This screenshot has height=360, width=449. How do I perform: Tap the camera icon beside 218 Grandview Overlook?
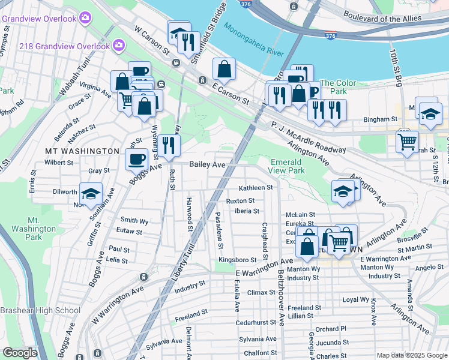[x=119, y=45]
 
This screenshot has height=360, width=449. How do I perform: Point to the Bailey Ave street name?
[x=207, y=164]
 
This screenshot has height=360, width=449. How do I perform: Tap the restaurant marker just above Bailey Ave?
[x=168, y=144]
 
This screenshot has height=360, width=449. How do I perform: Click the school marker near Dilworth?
[x=91, y=193]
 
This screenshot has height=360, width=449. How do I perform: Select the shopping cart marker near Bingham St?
[x=407, y=142]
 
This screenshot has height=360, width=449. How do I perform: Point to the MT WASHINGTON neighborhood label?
[x=82, y=151]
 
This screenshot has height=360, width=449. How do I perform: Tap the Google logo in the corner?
[x=19, y=353]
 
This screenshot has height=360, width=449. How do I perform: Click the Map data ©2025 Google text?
[x=411, y=355]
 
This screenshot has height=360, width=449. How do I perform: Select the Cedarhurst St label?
[x=256, y=322]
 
